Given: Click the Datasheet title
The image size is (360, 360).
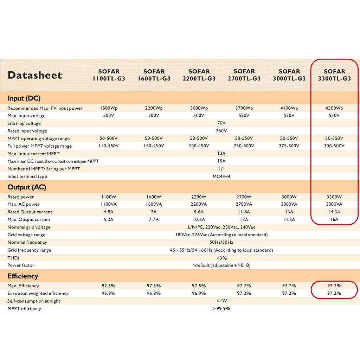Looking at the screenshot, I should click(34, 75).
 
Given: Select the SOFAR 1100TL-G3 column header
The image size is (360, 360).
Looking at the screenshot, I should click(109, 75).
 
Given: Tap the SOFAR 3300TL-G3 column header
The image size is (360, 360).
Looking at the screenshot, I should click(334, 75).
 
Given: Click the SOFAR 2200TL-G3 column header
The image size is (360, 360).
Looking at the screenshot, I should click(199, 75).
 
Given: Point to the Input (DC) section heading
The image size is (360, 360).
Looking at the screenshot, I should click(24, 98).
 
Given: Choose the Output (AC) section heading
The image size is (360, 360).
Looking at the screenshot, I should click(27, 187).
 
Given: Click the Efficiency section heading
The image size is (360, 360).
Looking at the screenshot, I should click(23, 276).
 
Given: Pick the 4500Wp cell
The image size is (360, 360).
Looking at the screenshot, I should click(334, 108).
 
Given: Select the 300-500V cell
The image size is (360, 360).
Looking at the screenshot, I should click(334, 146).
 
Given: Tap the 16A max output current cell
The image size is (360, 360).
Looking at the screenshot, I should click(334, 220).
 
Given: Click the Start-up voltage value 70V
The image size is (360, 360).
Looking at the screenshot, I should click(221, 123).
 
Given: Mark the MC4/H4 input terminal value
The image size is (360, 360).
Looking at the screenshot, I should click(221, 176).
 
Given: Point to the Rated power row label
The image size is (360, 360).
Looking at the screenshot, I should click(21, 197).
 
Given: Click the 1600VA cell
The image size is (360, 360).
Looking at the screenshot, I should click(154, 204).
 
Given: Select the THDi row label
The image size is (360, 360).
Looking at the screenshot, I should click(13, 258).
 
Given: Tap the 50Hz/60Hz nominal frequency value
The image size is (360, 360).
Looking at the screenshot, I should click(221, 243).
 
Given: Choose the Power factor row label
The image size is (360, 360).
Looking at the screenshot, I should click(21, 265).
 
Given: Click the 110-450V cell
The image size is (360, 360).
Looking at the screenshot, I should click(109, 146).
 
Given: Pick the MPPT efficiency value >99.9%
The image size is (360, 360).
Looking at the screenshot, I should click(221, 309).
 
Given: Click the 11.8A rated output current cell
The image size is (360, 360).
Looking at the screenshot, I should click(244, 212).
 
